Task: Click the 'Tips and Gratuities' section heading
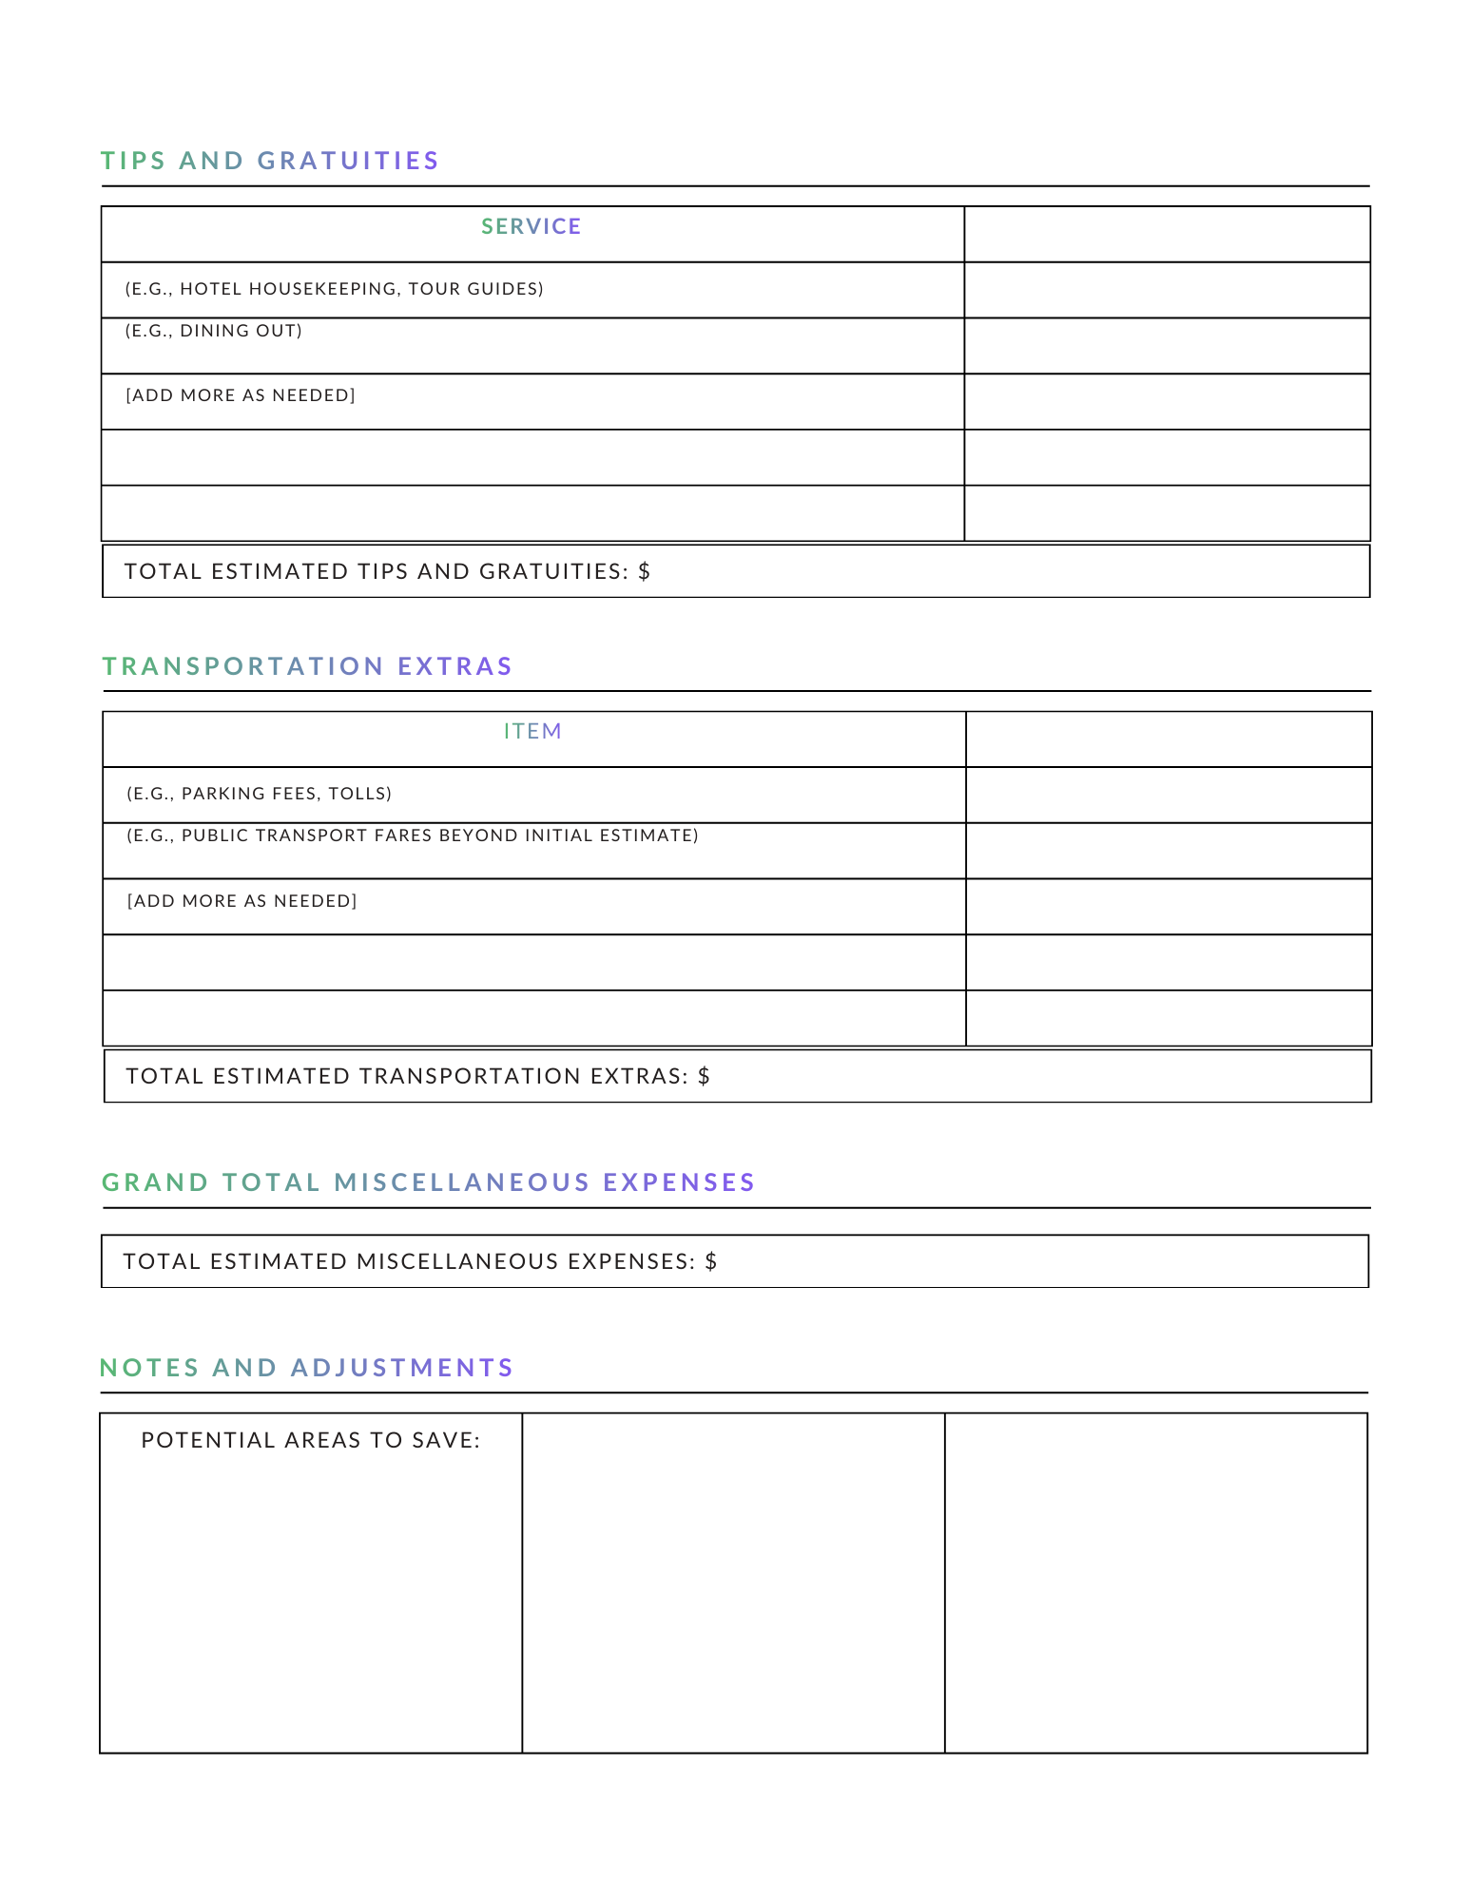pos(270,161)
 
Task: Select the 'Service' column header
pos(531,226)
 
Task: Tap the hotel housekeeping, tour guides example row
pos(334,289)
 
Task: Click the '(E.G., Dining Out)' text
pos(213,331)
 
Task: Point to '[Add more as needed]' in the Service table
pos(240,395)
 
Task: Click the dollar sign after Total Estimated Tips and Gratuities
pos(645,571)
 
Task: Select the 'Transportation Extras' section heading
pos(307,666)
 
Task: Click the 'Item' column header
pos(532,732)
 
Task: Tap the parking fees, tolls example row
pos(259,794)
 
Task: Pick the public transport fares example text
pos(412,835)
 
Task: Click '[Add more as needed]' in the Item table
pos(242,901)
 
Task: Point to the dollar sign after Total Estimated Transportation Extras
pos(704,1076)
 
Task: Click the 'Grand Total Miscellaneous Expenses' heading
pos(428,1182)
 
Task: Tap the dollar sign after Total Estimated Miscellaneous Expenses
pos(711,1261)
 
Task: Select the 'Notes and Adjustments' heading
pos(306,1368)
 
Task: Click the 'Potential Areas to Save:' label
pos(311,1440)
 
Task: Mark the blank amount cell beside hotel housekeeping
pos(1167,290)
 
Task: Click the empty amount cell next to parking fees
pos(1168,795)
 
